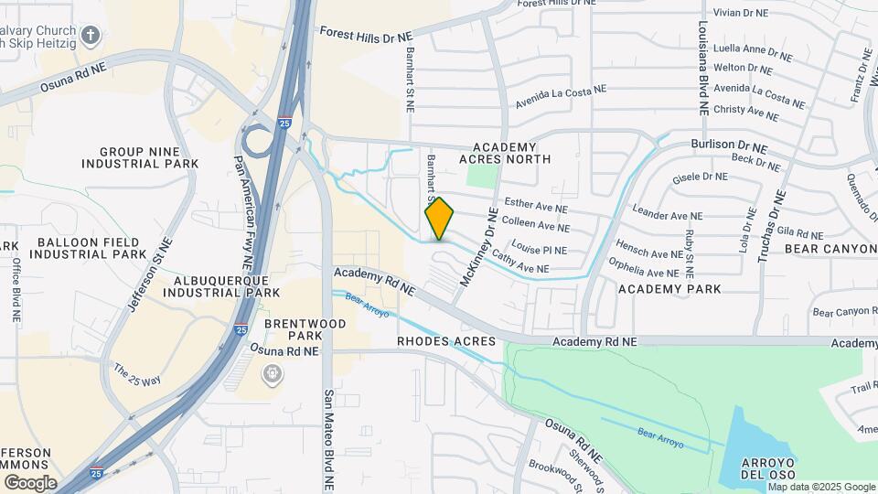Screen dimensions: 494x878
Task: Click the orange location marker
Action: click(440, 220)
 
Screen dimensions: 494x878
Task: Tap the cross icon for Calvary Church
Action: click(90, 36)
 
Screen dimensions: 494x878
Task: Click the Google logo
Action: click(30, 482)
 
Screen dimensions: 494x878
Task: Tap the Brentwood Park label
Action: click(305, 330)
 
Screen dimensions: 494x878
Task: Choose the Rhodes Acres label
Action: click(446, 341)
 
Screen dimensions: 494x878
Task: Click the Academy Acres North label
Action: click(511, 153)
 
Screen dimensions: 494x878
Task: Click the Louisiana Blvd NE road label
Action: click(702, 68)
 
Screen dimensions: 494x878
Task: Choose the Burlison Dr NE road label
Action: click(729, 145)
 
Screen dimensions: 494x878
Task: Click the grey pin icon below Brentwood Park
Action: click(272, 373)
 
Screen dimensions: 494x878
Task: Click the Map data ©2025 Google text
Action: click(822, 487)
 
